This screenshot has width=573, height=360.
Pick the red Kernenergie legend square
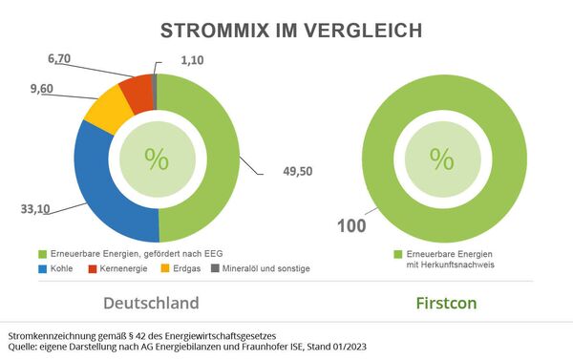pos(93,269)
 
